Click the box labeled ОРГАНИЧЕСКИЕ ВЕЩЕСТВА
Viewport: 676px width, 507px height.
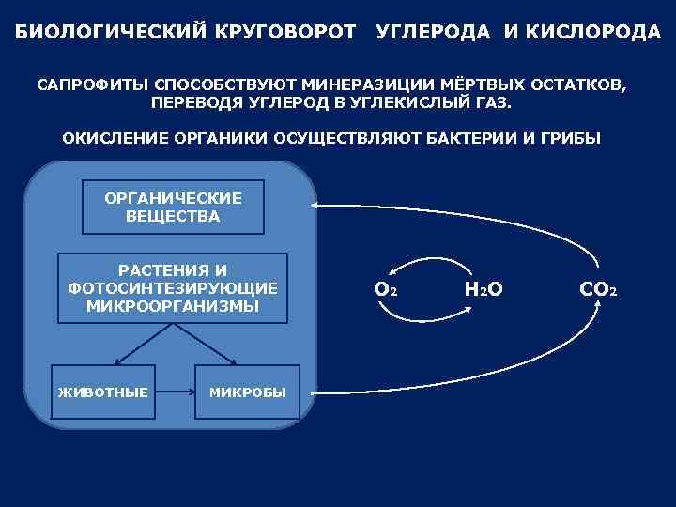pyautogui.click(x=174, y=207)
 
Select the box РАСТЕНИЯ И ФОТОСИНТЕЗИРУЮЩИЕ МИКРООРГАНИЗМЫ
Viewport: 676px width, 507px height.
pyautogui.click(x=173, y=287)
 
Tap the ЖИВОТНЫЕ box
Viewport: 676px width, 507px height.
pyautogui.click(x=103, y=391)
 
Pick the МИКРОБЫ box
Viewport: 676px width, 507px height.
pyautogui.click(x=247, y=391)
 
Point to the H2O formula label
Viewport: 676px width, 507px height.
pyautogui.click(x=484, y=290)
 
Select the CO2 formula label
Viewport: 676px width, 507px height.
pyautogui.click(x=598, y=290)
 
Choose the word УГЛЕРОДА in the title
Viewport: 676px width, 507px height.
pyautogui.click(x=433, y=33)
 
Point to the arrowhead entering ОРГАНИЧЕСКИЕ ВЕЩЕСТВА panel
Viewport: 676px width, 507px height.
pyautogui.click(x=316, y=206)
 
